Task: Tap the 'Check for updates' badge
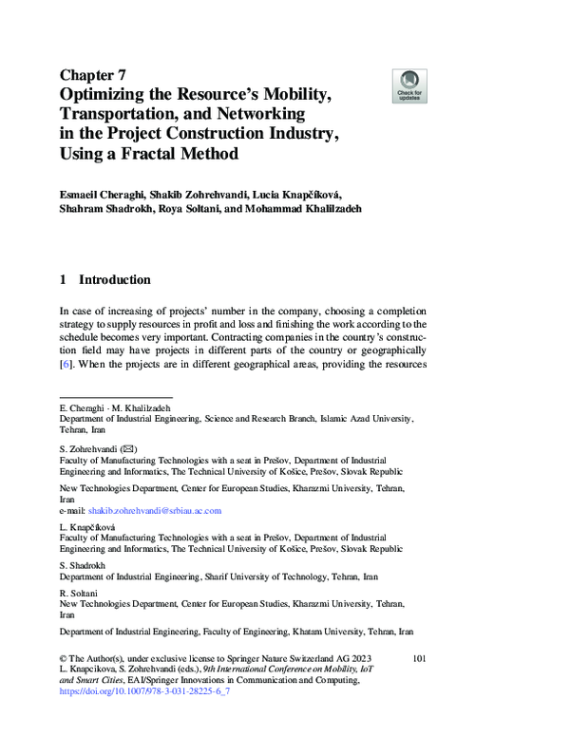(408, 85)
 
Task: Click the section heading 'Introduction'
(114, 280)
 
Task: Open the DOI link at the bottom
(144, 692)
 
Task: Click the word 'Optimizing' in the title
(108, 95)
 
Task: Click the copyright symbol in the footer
(64, 658)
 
